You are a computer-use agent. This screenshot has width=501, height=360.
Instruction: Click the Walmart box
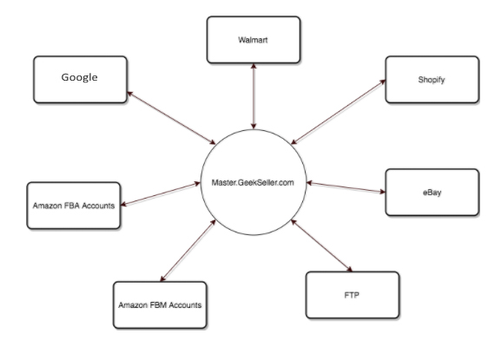click(254, 40)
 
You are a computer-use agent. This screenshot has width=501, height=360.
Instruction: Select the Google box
click(80, 80)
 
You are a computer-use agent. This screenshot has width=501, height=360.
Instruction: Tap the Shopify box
click(432, 80)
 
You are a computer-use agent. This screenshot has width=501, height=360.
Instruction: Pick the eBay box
click(432, 192)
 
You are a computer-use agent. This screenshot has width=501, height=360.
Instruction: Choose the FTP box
click(353, 295)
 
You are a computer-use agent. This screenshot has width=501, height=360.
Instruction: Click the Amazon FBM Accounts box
click(160, 304)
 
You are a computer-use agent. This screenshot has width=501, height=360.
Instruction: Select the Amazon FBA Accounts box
click(74, 206)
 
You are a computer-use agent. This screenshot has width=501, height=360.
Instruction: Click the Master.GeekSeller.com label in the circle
click(253, 182)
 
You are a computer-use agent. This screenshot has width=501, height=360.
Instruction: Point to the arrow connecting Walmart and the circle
click(254, 96)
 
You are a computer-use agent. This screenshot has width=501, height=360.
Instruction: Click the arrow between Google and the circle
click(171, 118)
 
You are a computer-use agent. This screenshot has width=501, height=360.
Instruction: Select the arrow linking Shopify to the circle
click(338, 112)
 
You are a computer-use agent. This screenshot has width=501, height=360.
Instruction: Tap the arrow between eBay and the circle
click(346, 187)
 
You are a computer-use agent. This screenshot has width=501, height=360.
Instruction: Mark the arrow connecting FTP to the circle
click(321, 245)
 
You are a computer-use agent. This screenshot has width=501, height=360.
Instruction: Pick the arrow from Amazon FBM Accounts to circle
click(188, 251)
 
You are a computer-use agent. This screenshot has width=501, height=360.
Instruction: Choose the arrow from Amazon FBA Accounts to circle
click(161, 194)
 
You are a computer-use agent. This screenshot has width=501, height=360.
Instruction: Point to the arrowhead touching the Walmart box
click(254, 67)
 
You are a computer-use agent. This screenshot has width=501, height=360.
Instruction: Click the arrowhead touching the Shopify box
click(382, 82)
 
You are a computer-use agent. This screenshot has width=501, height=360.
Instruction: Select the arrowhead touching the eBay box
click(382, 192)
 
